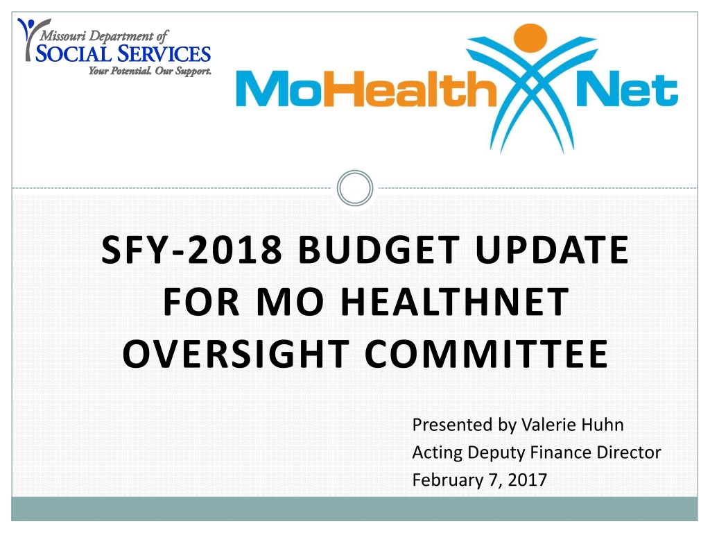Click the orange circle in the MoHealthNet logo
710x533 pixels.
click(530, 37)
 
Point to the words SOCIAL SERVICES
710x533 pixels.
click(123, 54)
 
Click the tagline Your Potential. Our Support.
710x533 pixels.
click(150, 71)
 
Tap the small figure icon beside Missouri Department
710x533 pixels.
click(30, 39)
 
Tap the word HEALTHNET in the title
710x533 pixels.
click(455, 301)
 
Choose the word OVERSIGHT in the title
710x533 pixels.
click(236, 353)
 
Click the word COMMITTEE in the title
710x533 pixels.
click(486, 353)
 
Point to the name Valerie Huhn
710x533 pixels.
click(572, 425)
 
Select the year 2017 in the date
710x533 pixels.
click(527, 480)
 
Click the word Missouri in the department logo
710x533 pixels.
click(63, 35)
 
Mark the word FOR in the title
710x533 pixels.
click(201, 301)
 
